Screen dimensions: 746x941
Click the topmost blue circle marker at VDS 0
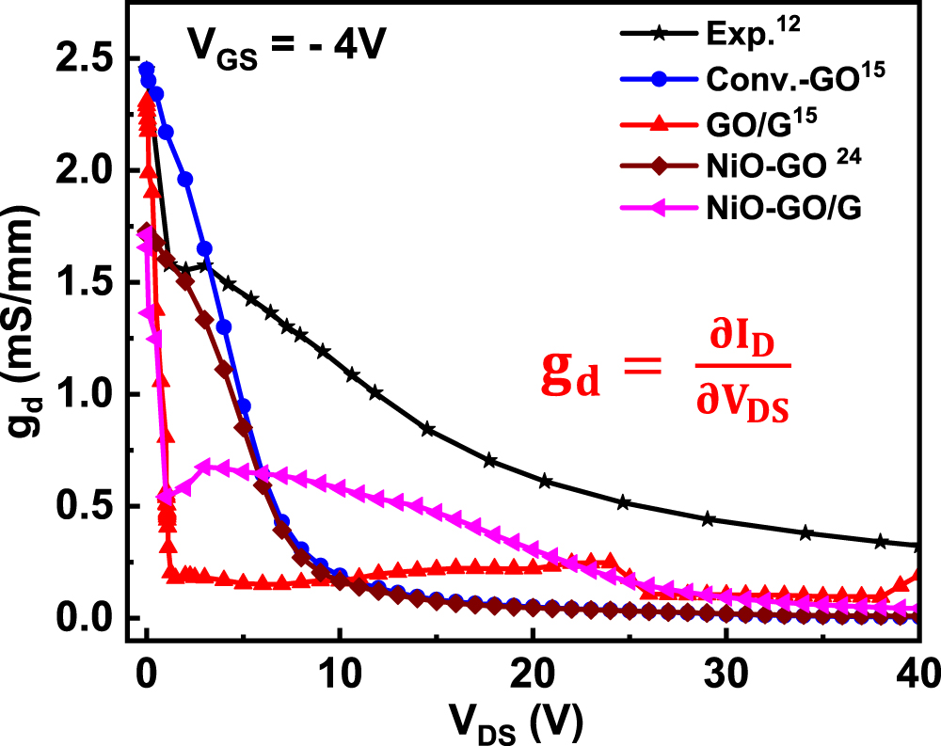[146, 69]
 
